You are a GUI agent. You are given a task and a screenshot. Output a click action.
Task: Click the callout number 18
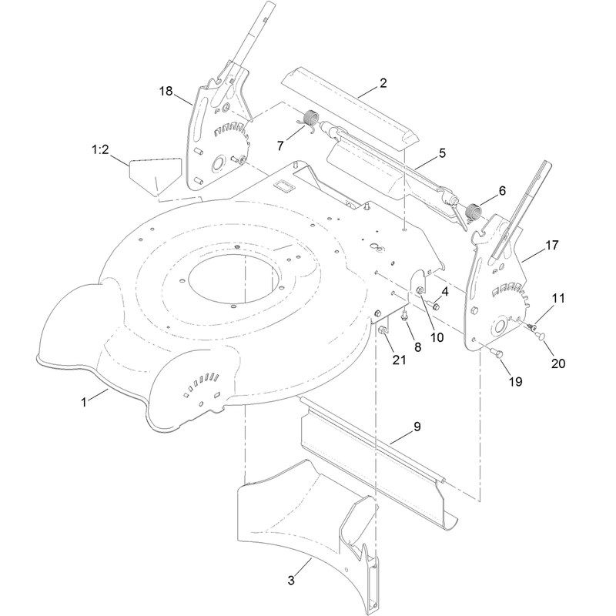(x=166, y=91)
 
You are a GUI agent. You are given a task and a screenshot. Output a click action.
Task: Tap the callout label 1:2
(x=100, y=149)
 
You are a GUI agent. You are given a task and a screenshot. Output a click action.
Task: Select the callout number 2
(x=383, y=83)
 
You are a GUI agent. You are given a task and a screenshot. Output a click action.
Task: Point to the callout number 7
(x=280, y=146)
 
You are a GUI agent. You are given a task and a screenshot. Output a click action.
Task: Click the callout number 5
(x=442, y=153)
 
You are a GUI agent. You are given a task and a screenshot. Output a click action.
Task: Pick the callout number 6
(x=502, y=191)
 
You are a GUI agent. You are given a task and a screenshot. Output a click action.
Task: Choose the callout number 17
(x=551, y=245)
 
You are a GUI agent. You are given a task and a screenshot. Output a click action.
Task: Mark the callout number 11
(x=558, y=298)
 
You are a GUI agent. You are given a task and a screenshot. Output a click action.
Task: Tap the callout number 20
(x=558, y=363)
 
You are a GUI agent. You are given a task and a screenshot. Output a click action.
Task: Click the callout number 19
(x=515, y=381)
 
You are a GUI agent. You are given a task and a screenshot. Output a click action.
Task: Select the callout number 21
(x=399, y=360)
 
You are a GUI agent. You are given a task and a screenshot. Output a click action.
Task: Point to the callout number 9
(x=417, y=427)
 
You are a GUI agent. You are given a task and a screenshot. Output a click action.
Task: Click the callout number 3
(x=291, y=581)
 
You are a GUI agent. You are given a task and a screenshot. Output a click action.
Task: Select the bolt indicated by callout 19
(x=497, y=353)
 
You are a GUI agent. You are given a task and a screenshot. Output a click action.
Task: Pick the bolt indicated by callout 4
(x=434, y=305)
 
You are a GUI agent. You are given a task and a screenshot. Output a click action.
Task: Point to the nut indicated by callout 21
(x=382, y=331)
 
